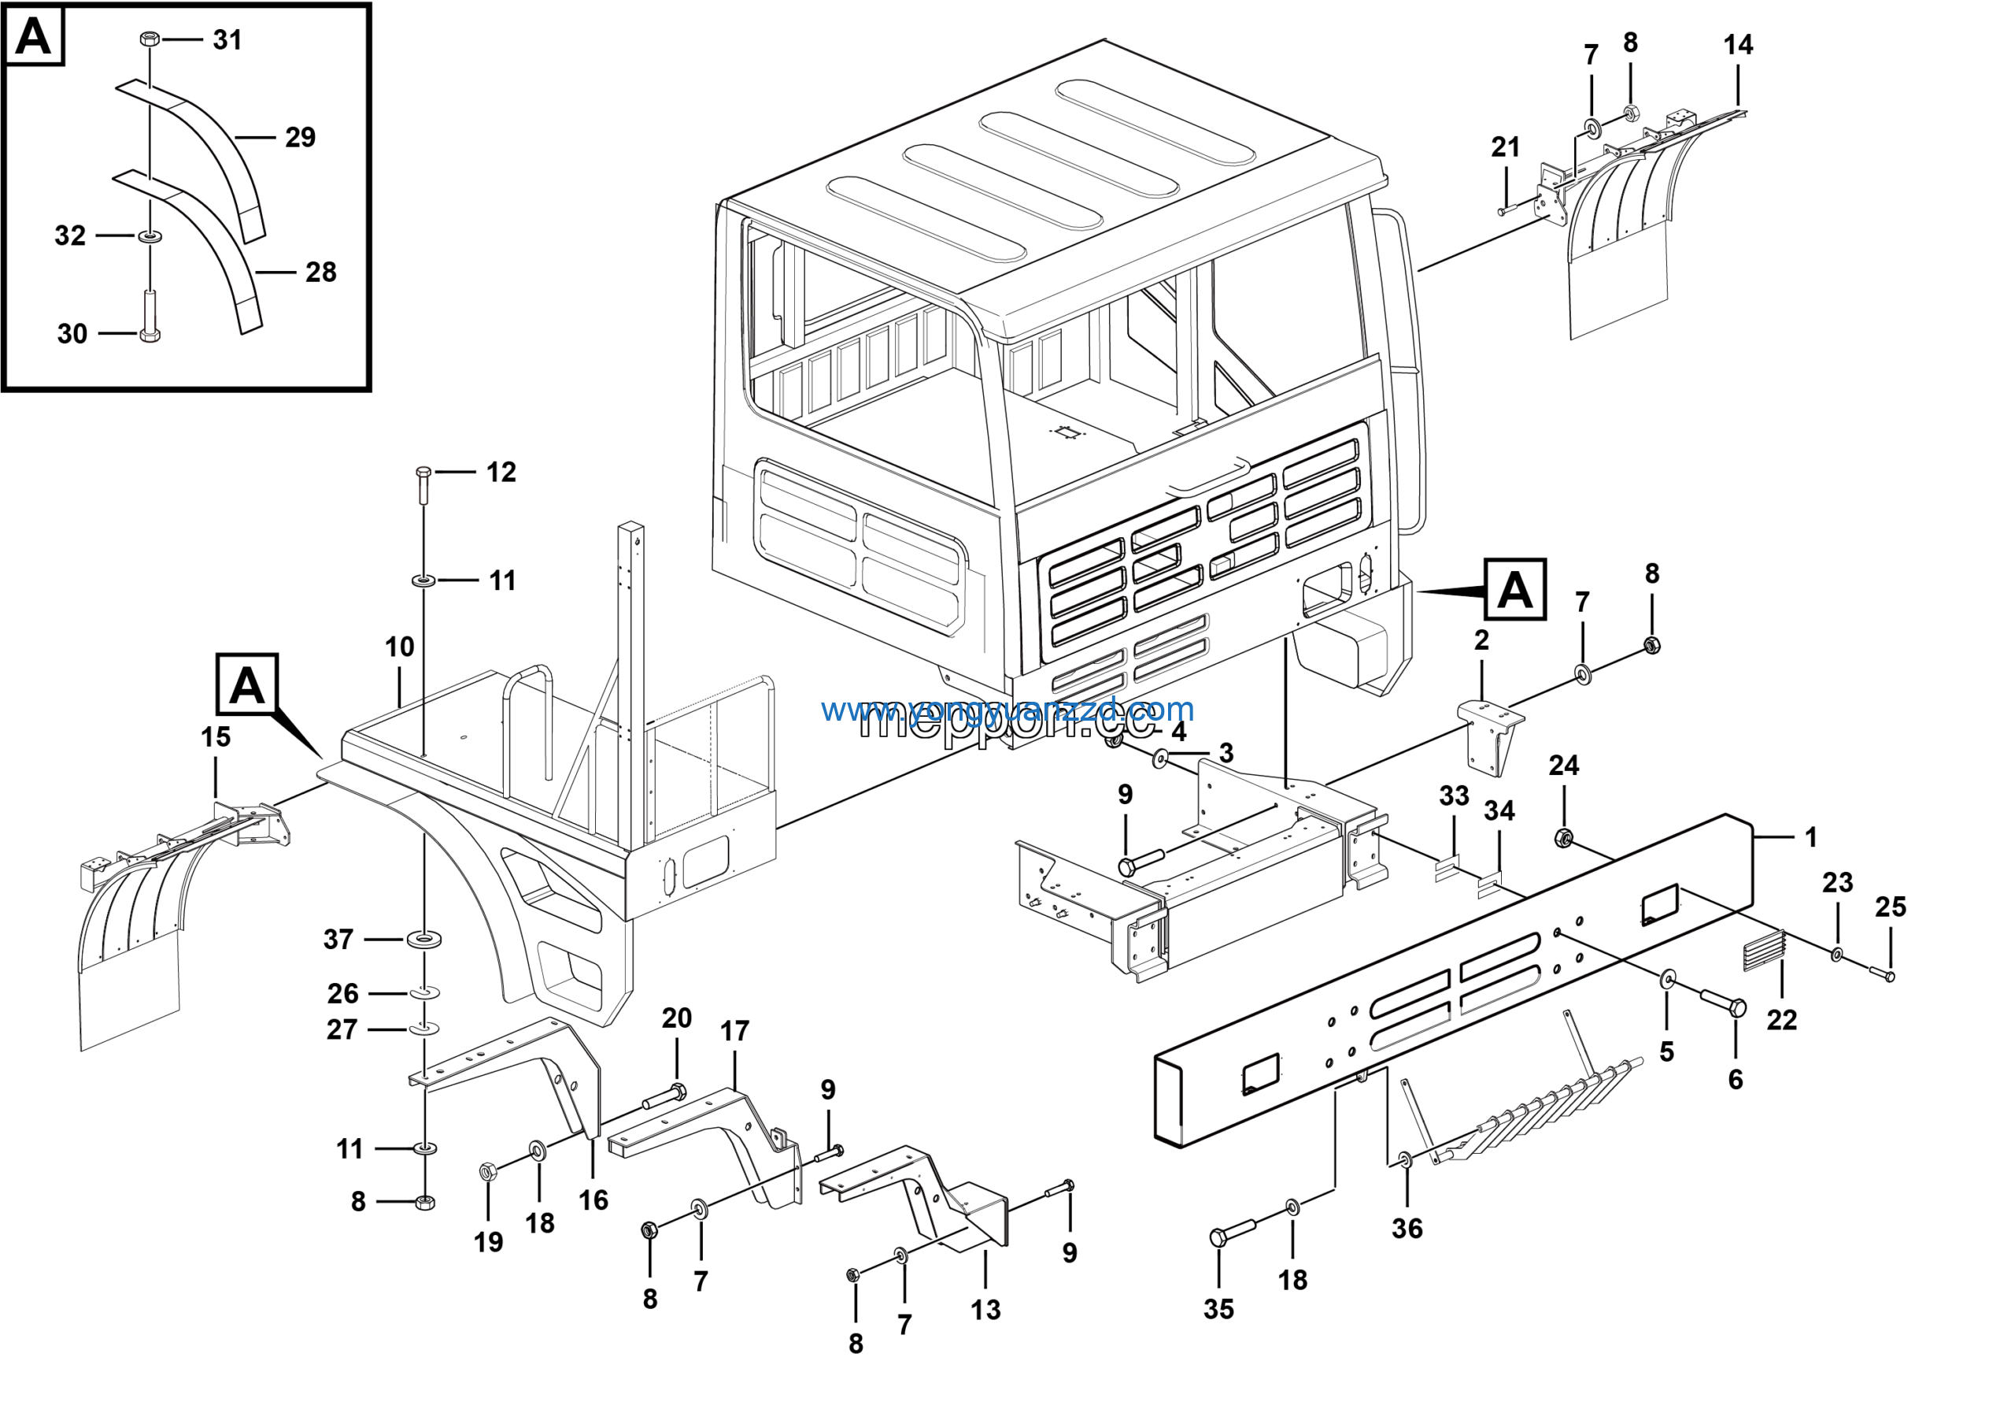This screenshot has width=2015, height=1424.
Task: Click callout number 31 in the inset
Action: pos(227,40)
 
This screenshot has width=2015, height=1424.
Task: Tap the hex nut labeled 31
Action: pos(150,39)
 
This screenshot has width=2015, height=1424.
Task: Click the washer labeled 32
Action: pos(150,236)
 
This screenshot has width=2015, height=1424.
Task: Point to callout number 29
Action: pos(299,138)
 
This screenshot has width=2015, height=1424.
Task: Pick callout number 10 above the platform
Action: pos(399,647)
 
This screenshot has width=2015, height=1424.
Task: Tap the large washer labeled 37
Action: pos(425,940)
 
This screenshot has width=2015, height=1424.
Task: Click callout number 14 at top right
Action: pos(1738,46)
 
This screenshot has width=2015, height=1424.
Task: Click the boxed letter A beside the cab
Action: pos(1514,590)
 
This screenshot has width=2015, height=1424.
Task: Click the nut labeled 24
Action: pos(1563,836)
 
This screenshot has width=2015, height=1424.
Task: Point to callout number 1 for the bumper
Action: pos(1810,837)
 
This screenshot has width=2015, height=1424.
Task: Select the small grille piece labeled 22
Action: pos(1765,951)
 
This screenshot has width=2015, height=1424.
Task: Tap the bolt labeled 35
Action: pos(1233,1233)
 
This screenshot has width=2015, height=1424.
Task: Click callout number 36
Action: pos(1407,1228)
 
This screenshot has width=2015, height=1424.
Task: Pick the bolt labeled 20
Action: pos(664,1096)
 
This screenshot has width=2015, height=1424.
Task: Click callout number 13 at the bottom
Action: pos(985,1310)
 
